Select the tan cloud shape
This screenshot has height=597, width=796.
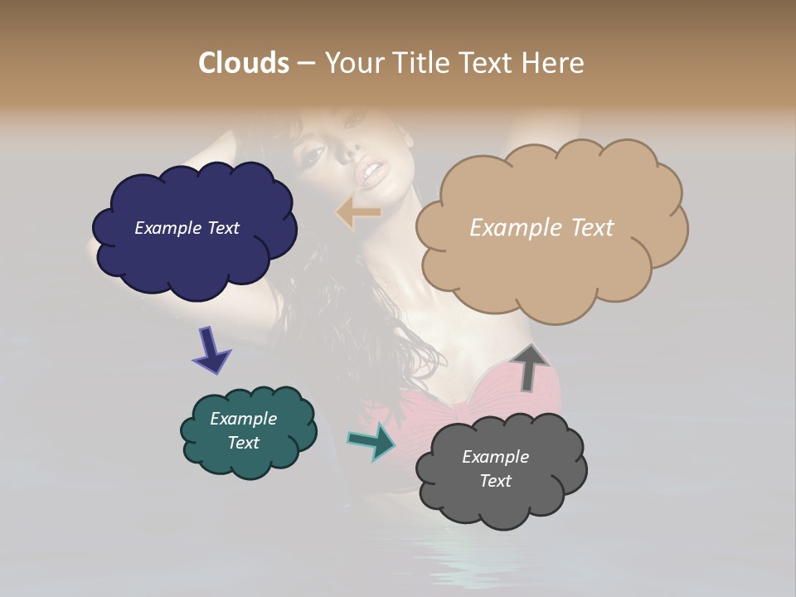(x=551, y=265)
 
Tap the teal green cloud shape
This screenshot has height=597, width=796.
(x=249, y=461)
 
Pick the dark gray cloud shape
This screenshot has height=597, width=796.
(x=502, y=502)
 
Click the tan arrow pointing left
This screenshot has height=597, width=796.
(x=358, y=212)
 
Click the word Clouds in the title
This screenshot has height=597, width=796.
(x=244, y=63)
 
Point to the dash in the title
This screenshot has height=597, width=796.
(x=306, y=64)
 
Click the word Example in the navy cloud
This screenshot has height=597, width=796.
(x=168, y=228)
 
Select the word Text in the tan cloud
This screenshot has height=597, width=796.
(x=585, y=228)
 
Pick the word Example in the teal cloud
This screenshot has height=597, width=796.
(x=243, y=419)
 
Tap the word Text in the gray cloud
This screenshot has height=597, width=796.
(x=495, y=481)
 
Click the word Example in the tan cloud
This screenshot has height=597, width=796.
(x=508, y=228)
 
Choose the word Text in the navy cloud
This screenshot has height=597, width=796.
(x=223, y=228)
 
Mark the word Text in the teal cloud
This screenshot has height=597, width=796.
(x=243, y=443)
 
